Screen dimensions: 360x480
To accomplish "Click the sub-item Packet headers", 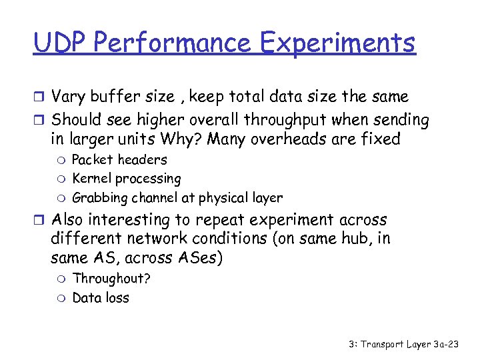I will pos(119,160).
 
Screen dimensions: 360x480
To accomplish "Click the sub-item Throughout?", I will pos(111,279).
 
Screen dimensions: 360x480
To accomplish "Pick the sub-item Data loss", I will pos(101,297).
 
